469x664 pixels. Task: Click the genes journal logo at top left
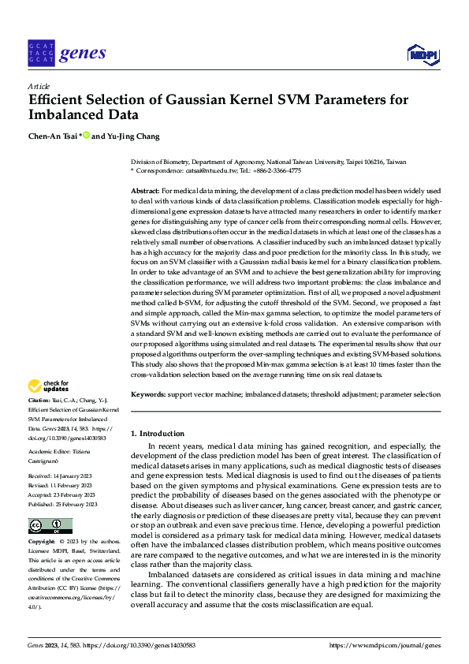(x=66, y=53)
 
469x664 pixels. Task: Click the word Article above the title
(x=39, y=85)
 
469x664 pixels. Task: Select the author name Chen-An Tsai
(x=52, y=136)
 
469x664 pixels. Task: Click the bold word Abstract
(x=144, y=192)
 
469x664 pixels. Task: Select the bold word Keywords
(x=148, y=394)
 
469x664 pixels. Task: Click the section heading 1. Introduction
(x=158, y=434)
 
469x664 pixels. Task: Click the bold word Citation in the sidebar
(x=39, y=402)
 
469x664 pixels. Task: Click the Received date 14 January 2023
(x=73, y=477)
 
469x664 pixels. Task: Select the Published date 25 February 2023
(x=76, y=504)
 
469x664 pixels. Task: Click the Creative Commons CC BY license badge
(x=50, y=526)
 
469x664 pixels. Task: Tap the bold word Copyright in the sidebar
(x=42, y=543)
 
